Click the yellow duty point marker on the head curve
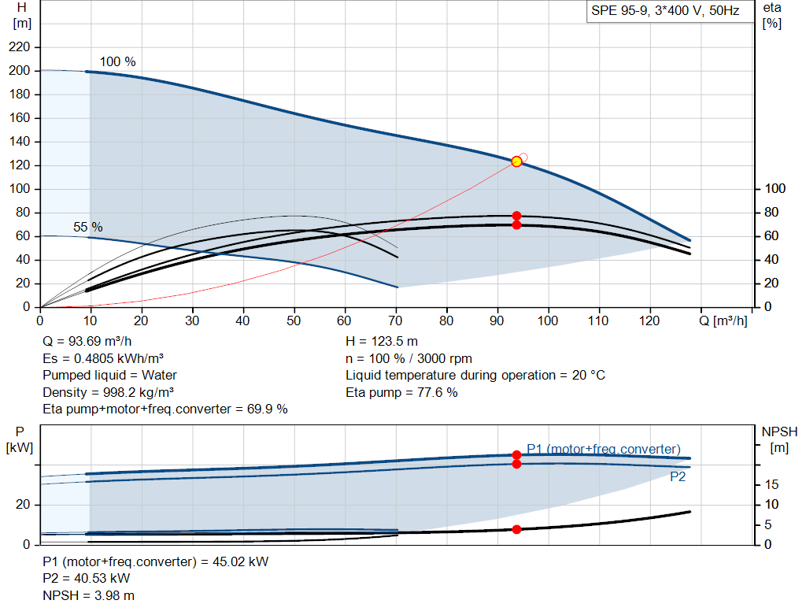click(x=516, y=161)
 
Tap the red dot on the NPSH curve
click(x=516, y=529)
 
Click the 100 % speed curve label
click(x=118, y=61)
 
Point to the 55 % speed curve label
click(x=88, y=227)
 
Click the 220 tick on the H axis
click(x=20, y=46)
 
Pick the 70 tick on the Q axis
click(x=395, y=320)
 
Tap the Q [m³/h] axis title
click(x=723, y=320)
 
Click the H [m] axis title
click(x=21, y=16)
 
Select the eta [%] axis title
click(x=772, y=16)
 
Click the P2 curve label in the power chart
click(x=678, y=476)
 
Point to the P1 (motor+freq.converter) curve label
click(x=604, y=449)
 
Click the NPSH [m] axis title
click(x=779, y=439)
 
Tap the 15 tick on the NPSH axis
click(x=771, y=484)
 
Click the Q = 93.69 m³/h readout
click(x=87, y=341)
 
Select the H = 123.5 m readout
click(x=382, y=341)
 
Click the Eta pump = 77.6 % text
click(x=401, y=392)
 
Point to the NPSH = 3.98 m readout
click(x=88, y=595)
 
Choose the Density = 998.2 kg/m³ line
click(x=108, y=392)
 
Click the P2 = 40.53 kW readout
click(x=87, y=578)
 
